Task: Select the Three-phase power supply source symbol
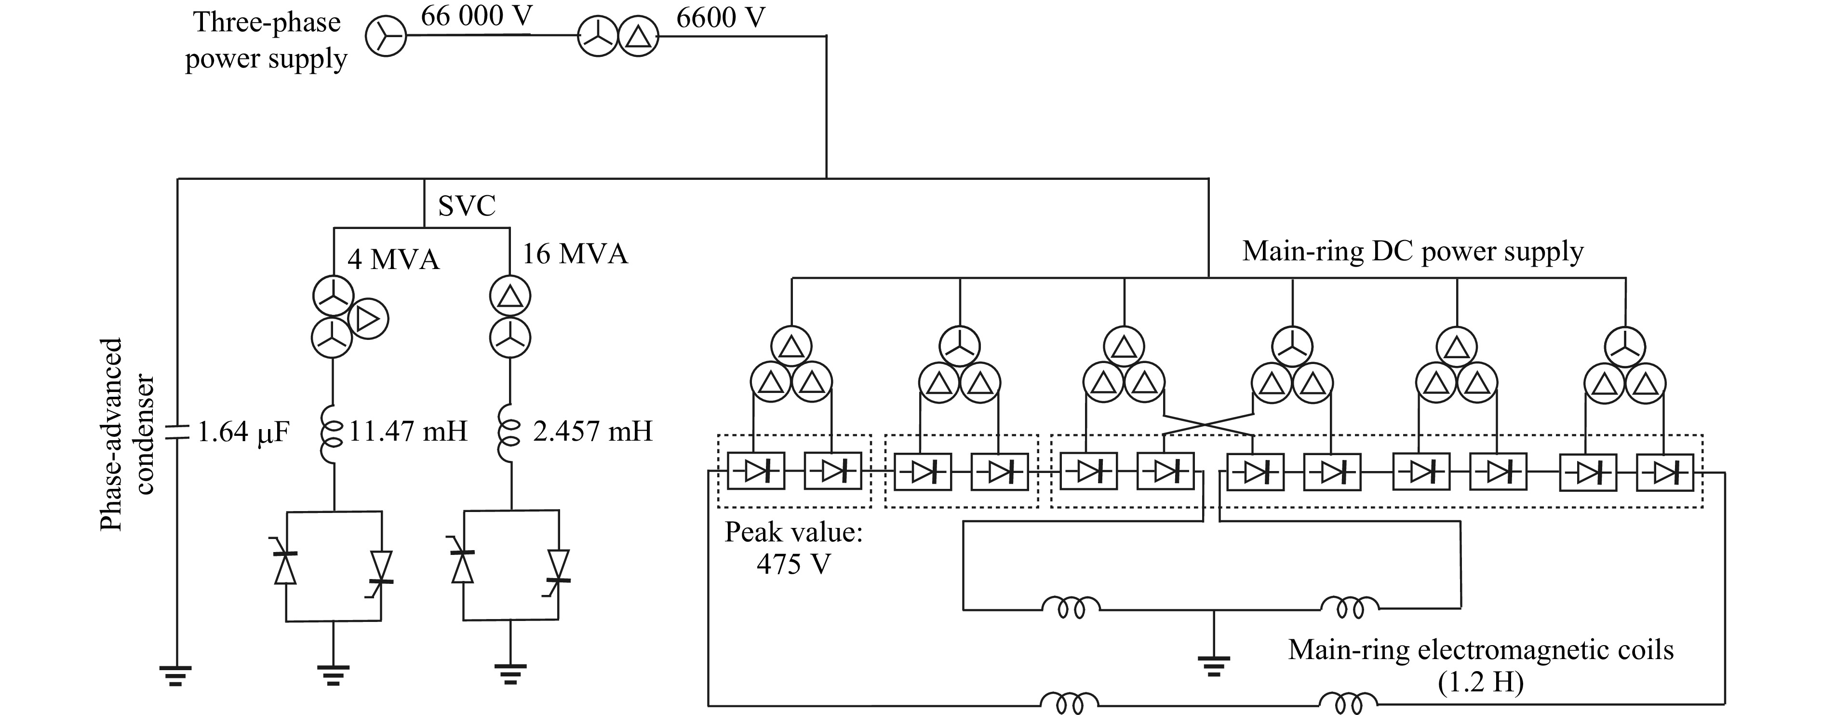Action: click(386, 36)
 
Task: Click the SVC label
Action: click(466, 206)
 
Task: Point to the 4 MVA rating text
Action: click(393, 259)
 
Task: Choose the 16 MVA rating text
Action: click(575, 253)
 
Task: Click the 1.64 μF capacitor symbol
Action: click(177, 432)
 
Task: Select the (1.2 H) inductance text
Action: click(1480, 683)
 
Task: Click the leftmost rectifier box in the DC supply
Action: click(755, 470)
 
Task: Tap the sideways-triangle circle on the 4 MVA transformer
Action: click(368, 320)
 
